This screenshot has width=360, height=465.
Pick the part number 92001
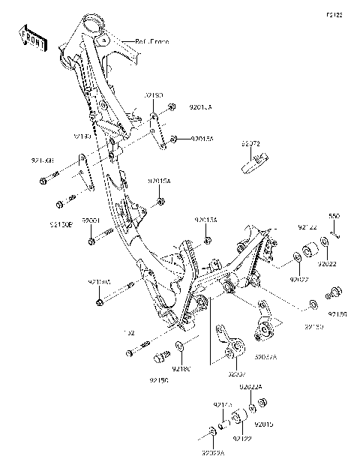point(91,220)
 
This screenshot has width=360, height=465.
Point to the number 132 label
point(129,333)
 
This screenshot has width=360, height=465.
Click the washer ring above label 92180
point(181,347)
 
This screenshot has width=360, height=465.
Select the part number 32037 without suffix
point(237,373)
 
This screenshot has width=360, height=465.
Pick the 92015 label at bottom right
point(265,425)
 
